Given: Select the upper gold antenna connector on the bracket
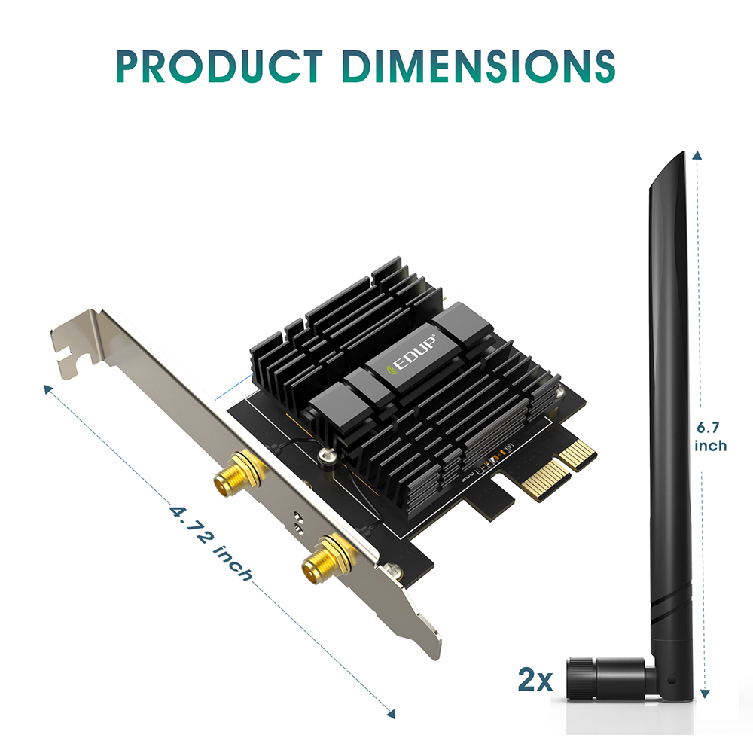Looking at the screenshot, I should [236, 476].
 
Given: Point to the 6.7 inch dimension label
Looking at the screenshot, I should [711, 437].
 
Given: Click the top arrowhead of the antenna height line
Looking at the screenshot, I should [699, 155].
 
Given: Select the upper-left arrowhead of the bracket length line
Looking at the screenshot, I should [48, 389].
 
